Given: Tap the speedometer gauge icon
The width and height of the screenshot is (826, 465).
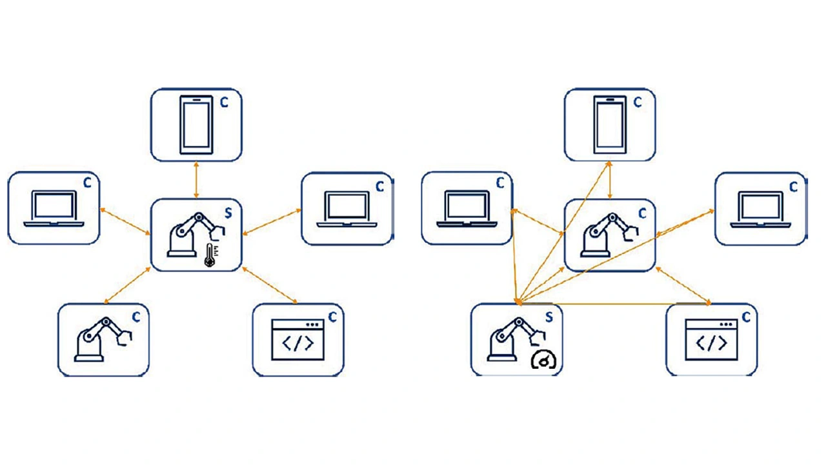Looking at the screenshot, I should click(543, 361).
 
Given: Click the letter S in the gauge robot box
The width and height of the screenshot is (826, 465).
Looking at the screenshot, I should click(549, 317).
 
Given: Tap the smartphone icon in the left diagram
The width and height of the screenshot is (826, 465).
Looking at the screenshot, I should click(196, 124).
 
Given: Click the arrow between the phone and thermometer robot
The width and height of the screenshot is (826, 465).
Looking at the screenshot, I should click(196, 180).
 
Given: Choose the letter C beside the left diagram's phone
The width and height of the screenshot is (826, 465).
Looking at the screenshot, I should click(224, 103).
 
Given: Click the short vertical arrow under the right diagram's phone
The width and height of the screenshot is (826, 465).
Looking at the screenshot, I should click(610, 180).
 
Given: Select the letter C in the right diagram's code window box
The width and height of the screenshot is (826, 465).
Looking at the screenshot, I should click(746, 317).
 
